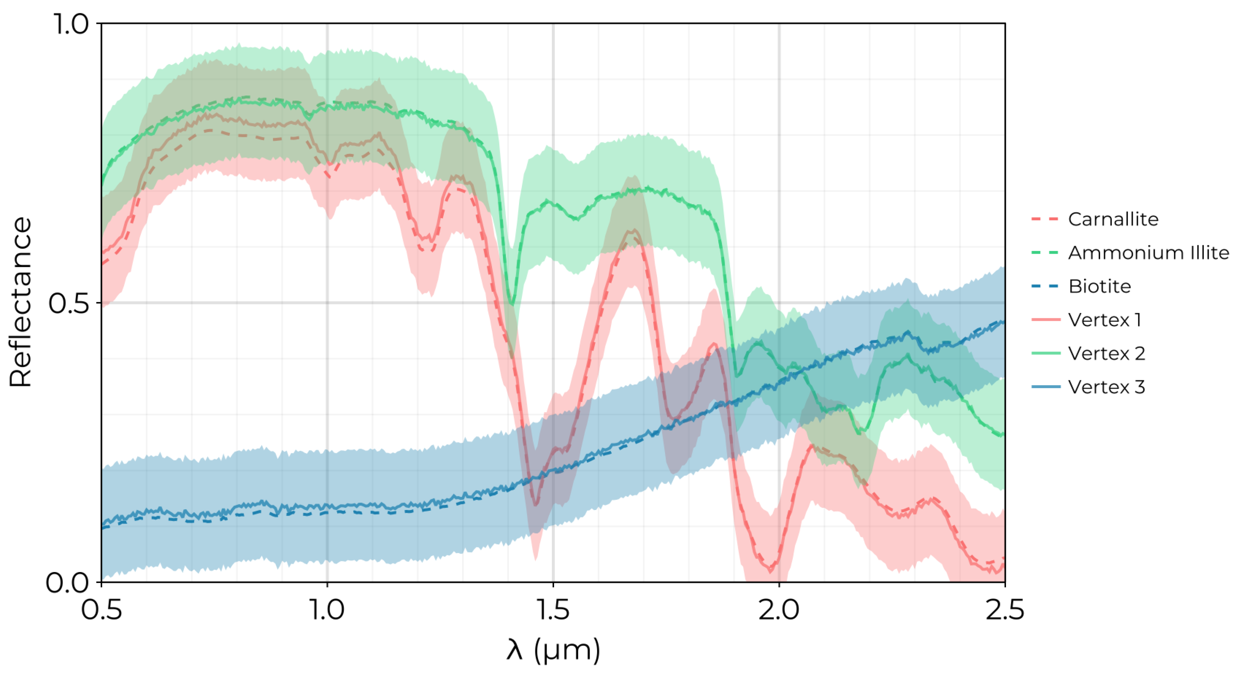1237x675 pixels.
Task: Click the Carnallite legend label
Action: click(1113, 220)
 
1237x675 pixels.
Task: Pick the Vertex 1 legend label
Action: click(1104, 320)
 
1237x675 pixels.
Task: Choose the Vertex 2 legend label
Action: click(1107, 353)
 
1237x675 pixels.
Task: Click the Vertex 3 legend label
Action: click(1107, 387)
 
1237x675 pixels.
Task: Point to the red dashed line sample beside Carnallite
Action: click(1045, 220)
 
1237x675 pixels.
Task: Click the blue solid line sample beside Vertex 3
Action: click(1045, 387)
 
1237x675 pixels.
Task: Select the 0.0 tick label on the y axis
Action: click(67, 582)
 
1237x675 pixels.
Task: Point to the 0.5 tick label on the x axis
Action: click(101, 610)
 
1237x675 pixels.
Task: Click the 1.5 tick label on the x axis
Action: click(553, 610)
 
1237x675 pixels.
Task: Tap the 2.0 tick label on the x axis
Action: click(779, 610)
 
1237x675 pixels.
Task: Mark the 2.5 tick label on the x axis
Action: click(1005, 610)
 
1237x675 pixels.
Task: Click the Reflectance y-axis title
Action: click(20, 303)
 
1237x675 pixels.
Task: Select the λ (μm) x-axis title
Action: click(553, 650)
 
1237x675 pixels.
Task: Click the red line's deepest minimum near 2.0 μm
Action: click(771, 570)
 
